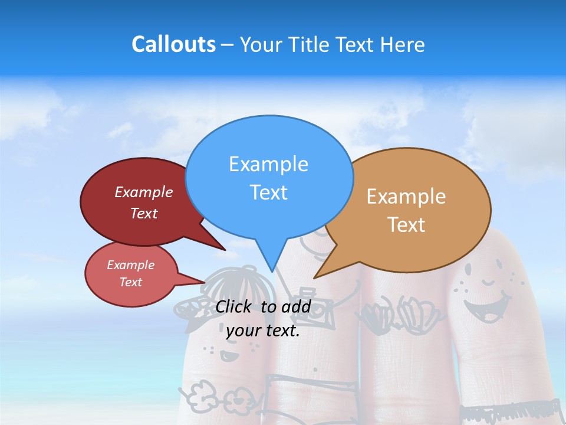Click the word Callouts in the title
tap(173, 44)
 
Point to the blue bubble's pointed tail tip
tap(272, 271)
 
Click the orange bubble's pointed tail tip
tap(315, 277)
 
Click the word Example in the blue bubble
tap(268, 164)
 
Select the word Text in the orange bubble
tap(407, 225)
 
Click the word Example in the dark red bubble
tap(144, 192)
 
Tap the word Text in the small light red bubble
tap(131, 282)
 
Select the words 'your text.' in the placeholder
tap(263, 331)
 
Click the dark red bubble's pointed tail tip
tap(225, 250)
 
